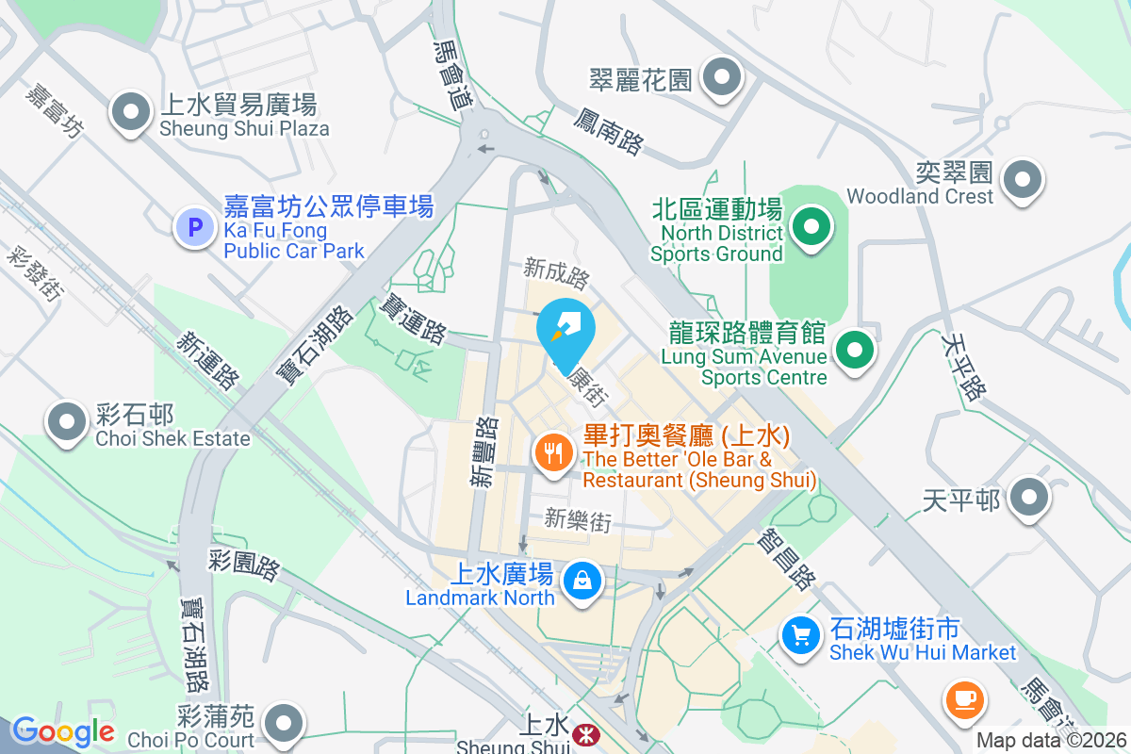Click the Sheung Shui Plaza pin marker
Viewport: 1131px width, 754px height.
coord(131,114)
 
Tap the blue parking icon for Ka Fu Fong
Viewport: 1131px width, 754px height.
coord(195,227)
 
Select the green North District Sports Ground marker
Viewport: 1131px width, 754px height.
coord(809,227)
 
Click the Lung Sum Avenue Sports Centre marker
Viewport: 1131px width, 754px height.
coord(854,350)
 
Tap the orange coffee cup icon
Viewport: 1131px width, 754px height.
coord(966,699)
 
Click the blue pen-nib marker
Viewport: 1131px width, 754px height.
coord(566,329)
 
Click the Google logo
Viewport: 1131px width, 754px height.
coord(63,731)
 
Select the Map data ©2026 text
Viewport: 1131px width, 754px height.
coord(1052,741)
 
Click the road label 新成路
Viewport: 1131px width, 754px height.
coord(557,274)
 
